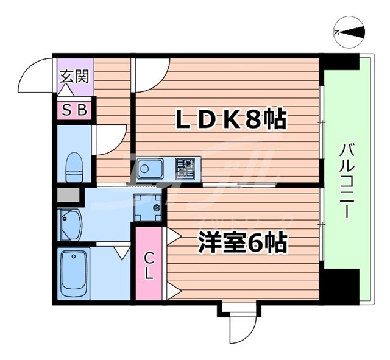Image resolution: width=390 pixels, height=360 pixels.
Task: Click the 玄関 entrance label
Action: tap(74, 77)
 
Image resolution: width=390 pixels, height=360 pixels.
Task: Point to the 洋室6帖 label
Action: tap(241, 244)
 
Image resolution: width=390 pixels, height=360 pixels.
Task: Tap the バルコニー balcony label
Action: tap(345, 181)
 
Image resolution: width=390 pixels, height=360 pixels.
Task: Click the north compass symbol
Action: tap(350, 32)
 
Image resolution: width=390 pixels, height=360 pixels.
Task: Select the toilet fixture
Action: tap(74, 166)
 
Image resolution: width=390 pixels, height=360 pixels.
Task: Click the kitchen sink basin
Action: tap(150, 168)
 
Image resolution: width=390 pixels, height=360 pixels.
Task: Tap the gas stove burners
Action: tap(185, 168)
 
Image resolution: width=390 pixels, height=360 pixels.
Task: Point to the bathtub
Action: tap(74, 273)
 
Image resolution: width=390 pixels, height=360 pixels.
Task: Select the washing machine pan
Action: tap(147, 207)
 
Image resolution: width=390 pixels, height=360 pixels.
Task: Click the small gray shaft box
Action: tap(68, 196)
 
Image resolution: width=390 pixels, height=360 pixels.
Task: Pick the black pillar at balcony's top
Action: tap(339, 62)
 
